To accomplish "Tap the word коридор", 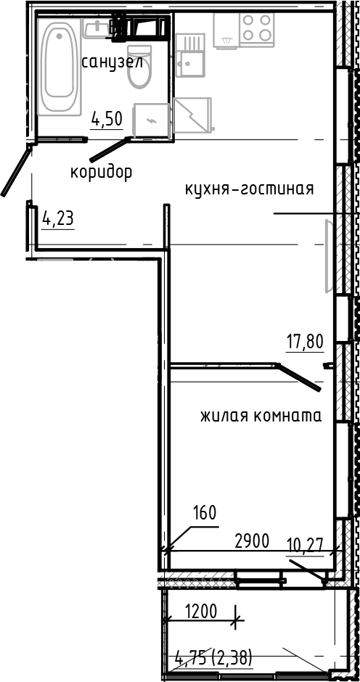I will tap(101, 173).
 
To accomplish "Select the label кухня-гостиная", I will tap(249, 189).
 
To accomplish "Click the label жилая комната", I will tap(261, 416).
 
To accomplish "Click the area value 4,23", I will tap(58, 218).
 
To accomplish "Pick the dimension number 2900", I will tap(252, 541).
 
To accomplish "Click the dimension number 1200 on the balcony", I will tap(200, 611).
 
